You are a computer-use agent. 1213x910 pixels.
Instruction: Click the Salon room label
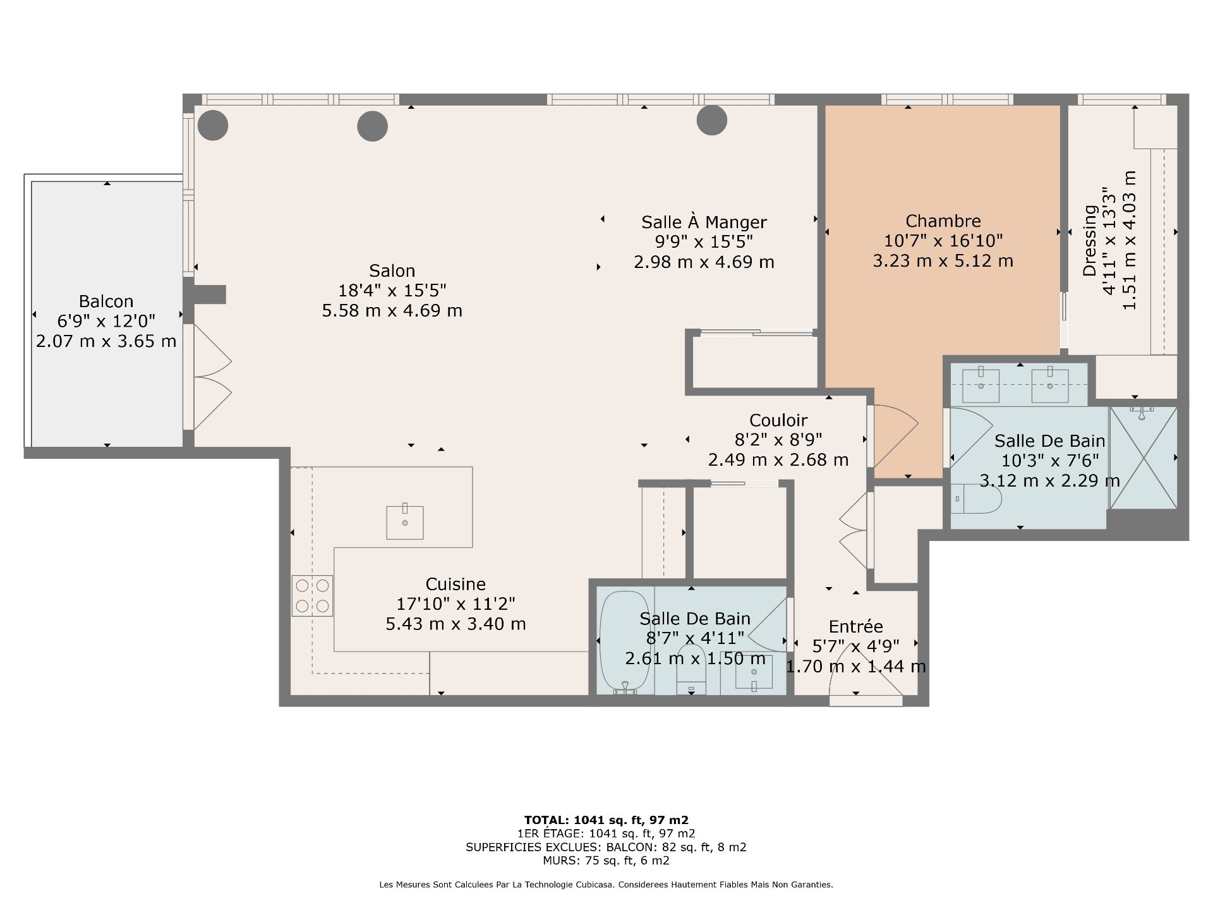coord(392,271)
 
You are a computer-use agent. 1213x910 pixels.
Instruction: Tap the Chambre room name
coord(943,221)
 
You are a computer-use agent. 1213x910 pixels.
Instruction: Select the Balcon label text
coord(106,301)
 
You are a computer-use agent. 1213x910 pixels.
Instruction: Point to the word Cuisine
coord(456,585)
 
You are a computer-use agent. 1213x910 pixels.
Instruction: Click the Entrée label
coord(856,626)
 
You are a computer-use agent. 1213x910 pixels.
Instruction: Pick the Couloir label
coord(778,420)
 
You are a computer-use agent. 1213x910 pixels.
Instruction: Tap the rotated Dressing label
coord(1090,241)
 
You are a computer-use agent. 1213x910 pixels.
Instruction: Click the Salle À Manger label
coord(704,222)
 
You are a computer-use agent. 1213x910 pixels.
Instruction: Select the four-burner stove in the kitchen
coord(312,595)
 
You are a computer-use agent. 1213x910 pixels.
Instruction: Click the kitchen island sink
coord(405,522)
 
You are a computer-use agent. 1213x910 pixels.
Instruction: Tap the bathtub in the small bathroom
coord(625,643)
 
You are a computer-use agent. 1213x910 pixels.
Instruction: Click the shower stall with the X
coord(1144,458)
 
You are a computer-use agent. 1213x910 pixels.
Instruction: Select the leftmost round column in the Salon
coord(213,125)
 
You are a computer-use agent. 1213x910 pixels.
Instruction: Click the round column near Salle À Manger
coord(712,120)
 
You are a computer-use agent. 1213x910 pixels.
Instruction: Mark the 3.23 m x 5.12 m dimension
coord(943,261)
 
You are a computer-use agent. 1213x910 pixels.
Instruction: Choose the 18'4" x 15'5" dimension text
coord(392,291)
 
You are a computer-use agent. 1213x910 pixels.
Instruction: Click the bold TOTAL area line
coord(606,820)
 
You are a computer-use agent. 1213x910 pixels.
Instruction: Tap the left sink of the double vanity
coord(981,384)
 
